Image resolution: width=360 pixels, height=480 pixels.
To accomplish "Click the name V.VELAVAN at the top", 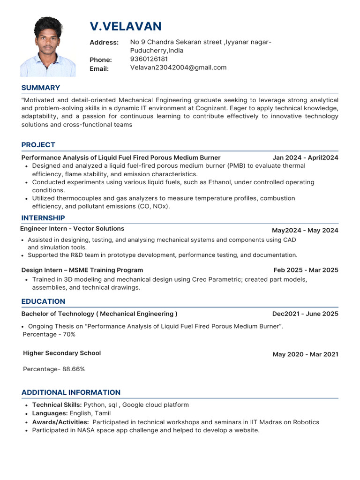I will [x=126, y=26].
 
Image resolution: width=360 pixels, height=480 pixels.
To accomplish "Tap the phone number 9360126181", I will [x=149, y=59].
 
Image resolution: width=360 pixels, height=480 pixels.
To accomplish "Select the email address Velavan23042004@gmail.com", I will [x=178, y=67].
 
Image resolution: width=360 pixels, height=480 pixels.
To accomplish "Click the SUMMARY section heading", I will [x=41, y=88].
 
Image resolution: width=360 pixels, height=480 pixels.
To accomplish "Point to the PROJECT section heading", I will [x=38, y=145].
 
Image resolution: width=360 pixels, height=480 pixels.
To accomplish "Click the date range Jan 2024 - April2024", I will [x=305, y=157].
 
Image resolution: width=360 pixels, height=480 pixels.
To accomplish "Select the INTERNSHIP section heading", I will [x=43, y=218].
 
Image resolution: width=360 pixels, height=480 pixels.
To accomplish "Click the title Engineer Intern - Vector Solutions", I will [x=72, y=229].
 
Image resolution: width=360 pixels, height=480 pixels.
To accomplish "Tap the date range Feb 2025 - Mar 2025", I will [x=306, y=270].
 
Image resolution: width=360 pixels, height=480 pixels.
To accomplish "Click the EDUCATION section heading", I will [x=43, y=301].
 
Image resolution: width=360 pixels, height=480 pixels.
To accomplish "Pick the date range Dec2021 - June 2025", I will [x=305, y=314].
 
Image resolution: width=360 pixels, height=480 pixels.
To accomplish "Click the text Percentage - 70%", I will [x=49, y=334].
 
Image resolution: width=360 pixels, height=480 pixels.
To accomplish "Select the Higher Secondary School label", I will [x=62, y=353].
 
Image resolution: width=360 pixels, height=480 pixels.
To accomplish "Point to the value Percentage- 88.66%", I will [x=54, y=369].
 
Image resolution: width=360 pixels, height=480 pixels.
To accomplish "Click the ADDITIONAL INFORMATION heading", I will [x=71, y=392].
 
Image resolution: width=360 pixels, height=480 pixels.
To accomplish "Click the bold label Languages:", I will [x=50, y=413].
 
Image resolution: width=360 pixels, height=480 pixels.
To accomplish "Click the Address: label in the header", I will [x=104, y=43].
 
